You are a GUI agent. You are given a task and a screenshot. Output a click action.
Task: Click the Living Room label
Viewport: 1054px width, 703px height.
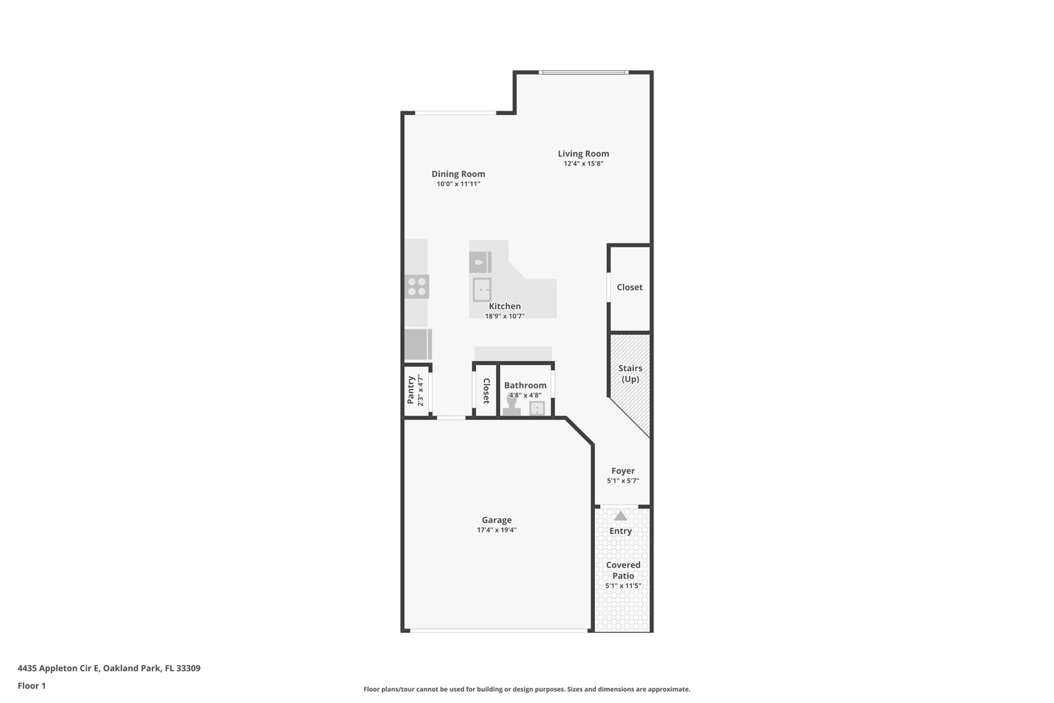click(583, 153)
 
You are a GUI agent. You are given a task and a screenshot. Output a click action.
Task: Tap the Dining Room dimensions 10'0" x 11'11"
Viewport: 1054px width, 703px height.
click(458, 184)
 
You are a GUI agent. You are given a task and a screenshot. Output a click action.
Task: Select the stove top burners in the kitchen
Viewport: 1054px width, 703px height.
click(417, 287)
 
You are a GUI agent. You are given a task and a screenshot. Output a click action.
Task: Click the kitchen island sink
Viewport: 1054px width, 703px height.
click(482, 289)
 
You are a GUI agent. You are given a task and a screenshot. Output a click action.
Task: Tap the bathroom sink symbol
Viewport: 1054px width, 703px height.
click(537, 408)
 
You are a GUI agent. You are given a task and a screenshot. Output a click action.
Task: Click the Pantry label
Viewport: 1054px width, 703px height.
click(411, 390)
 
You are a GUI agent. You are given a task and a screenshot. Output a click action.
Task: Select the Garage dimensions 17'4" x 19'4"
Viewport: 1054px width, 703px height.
click(496, 530)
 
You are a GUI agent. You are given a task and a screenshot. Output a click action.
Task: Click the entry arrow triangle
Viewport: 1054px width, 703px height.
click(621, 516)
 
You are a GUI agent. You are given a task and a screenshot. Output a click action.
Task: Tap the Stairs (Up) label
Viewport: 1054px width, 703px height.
click(630, 373)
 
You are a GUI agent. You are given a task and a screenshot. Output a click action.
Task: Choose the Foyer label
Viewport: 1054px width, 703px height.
click(623, 471)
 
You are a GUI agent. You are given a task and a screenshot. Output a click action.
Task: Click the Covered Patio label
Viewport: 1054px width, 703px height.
click(623, 570)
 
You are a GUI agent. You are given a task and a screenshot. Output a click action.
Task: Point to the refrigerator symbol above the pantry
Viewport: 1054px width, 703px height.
click(417, 344)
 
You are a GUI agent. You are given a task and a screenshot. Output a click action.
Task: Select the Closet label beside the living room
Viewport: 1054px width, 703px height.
click(629, 287)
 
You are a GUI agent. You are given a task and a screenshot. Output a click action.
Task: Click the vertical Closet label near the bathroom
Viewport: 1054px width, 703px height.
click(486, 390)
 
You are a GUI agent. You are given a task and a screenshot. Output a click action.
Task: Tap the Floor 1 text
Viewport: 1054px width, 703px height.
click(31, 685)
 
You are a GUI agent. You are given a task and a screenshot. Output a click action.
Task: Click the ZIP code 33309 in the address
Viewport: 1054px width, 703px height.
click(188, 668)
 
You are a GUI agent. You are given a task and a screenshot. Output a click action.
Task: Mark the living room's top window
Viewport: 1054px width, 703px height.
click(583, 73)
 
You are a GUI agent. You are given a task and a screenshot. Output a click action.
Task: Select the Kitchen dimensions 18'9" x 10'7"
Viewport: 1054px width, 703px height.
click(504, 316)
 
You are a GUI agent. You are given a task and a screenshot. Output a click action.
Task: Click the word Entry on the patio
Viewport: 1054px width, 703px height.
click(620, 531)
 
